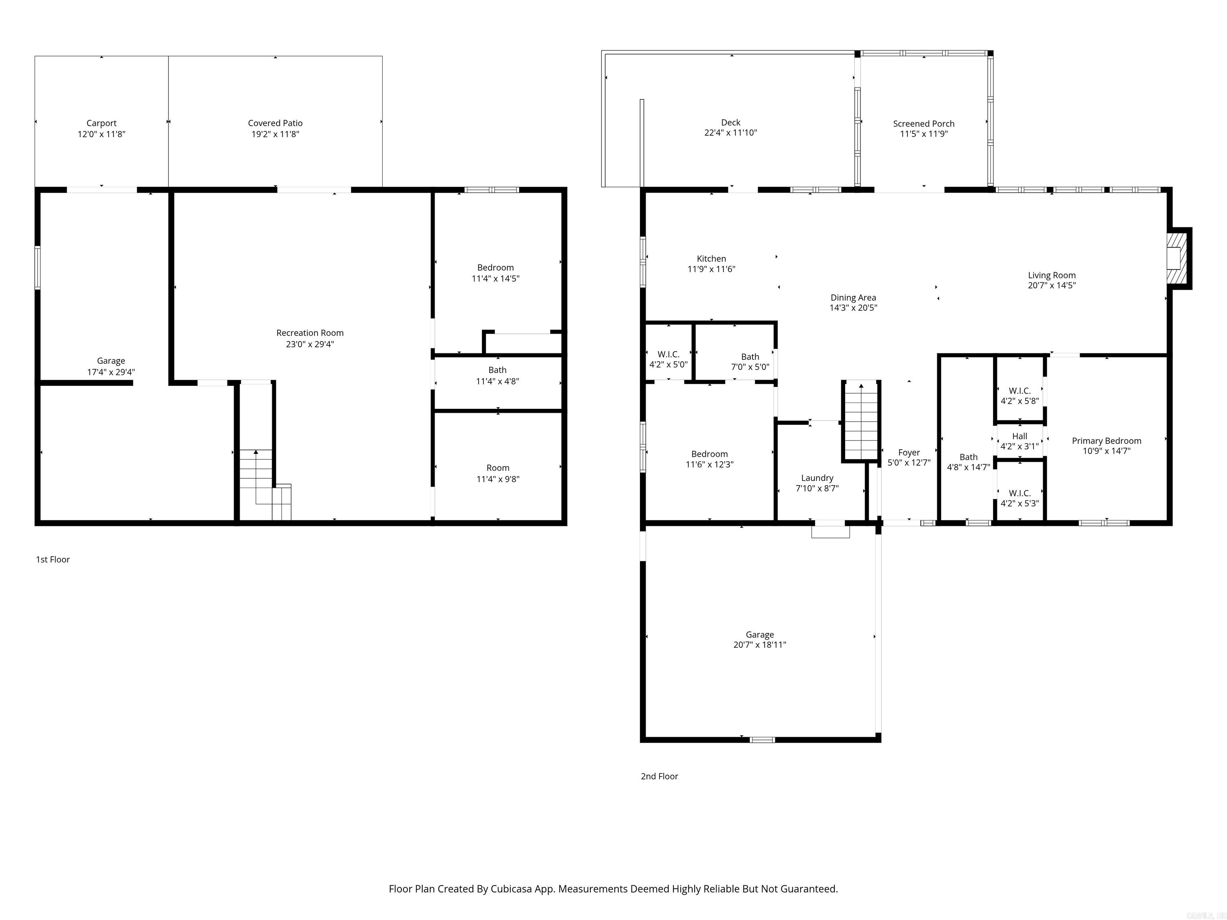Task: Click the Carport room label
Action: pos(101,123)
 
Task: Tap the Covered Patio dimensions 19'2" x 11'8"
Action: pos(275,134)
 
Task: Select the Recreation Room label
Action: pos(310,333)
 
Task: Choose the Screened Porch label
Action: pos(923,124)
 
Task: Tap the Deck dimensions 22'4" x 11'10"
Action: pos(731,133)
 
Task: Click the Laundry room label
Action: pos(817,478)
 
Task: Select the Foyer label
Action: pos(909,452)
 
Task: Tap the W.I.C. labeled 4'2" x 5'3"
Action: pos(1020,498)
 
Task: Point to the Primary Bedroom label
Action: pos(1106,441)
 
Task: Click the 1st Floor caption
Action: pos(53,559)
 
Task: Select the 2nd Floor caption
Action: pos(659,776)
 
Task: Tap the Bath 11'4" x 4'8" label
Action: pos(498,375)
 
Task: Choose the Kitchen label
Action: pos(711,258)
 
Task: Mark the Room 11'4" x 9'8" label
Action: pos(498,473)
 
